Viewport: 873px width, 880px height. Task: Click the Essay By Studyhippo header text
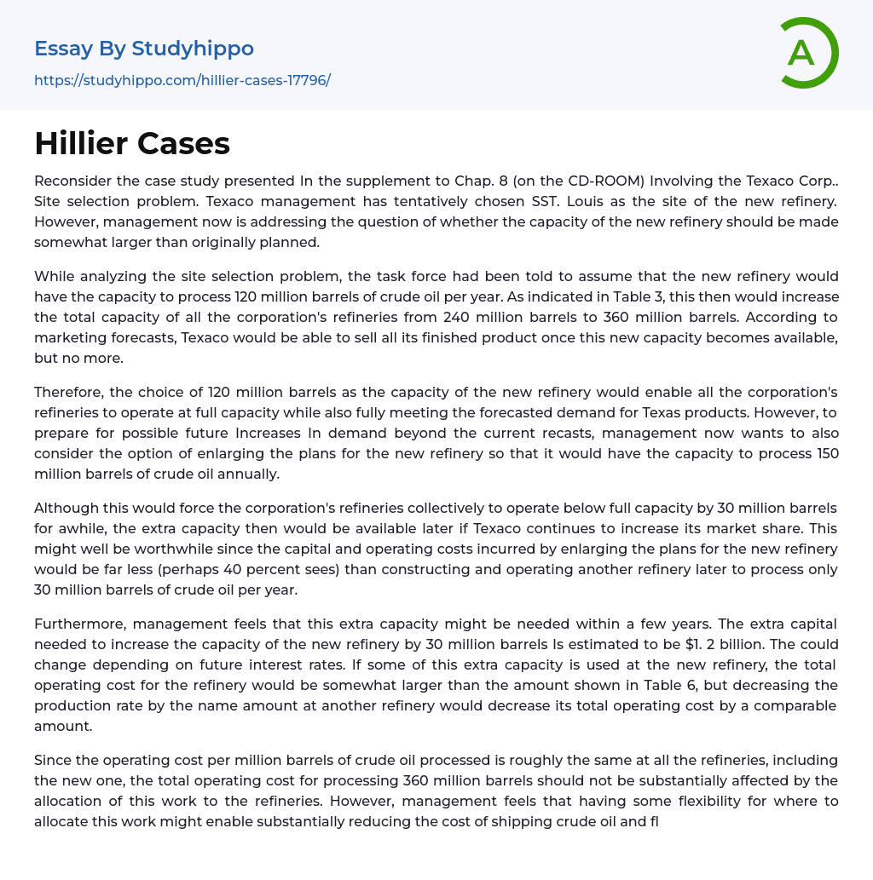[x=144, y=49]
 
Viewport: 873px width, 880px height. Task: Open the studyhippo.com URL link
[x=182, y=81]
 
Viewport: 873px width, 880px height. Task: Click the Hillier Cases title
[x=132, y=143]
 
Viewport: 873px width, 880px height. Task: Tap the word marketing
[x=71, y=337]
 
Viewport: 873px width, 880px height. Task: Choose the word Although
[x=67, y=508]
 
